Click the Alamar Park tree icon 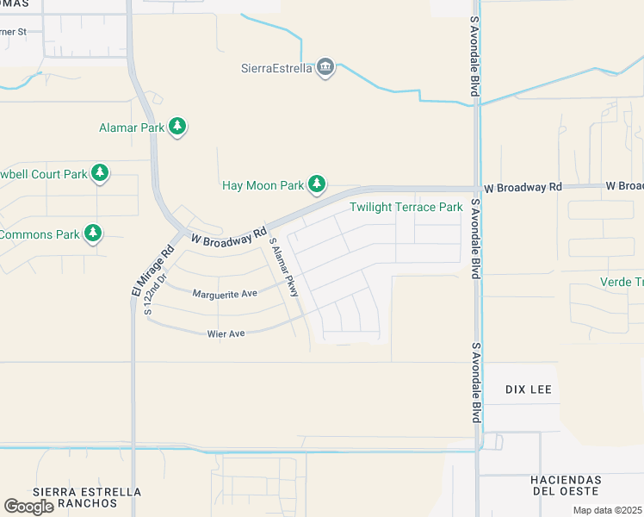177,128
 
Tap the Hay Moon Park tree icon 318,184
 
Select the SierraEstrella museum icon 325,68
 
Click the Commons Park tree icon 93,234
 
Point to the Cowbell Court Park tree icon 100,173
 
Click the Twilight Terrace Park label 406,207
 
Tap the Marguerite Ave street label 225,294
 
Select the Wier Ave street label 226,333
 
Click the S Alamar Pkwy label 283,271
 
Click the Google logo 28,507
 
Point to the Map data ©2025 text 607,510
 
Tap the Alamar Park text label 132,128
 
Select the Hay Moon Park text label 263,184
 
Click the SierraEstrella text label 276,68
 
